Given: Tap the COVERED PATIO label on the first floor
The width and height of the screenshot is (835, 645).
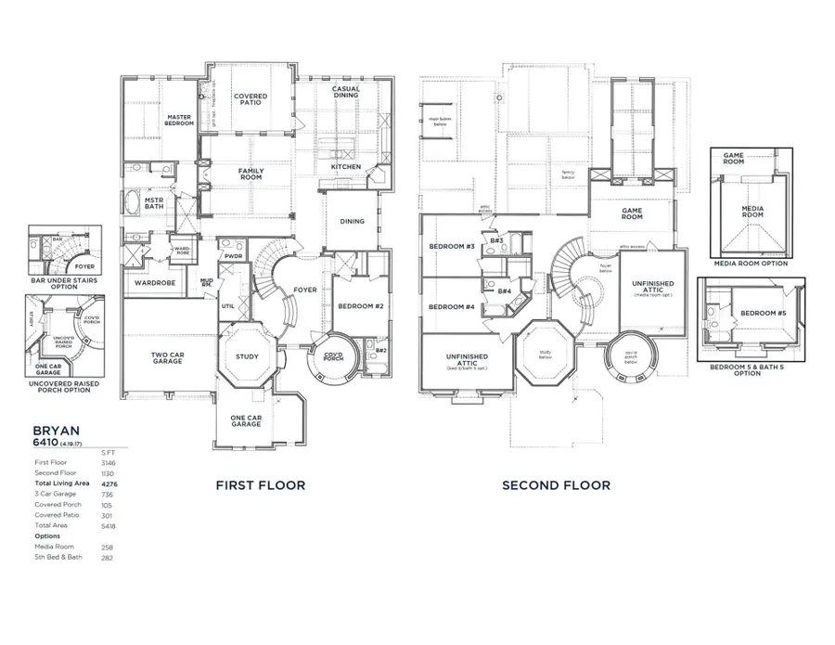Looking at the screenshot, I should [x=250, y=99].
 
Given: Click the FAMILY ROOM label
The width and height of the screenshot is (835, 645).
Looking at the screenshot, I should [x=250, y=174].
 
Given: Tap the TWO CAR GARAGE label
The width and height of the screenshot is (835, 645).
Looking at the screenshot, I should [x=168, y=357].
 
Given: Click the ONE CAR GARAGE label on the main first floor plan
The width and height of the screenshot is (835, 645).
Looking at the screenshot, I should [x=247, y=421].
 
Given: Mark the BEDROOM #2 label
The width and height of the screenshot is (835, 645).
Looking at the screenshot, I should [x=353, y=306].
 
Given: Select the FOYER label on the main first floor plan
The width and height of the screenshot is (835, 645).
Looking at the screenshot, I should [x=306, y=290].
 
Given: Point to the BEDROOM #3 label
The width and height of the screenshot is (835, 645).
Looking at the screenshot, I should [x=452, y=246].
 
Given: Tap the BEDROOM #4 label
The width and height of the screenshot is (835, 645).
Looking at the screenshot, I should [x=452, y=306].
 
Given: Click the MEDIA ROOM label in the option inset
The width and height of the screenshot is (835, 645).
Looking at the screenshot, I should [x=751, y=212].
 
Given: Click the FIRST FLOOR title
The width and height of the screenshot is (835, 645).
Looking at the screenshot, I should [x=261, y=484].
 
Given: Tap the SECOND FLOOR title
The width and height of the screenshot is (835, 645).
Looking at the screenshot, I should [x=556, y=484].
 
